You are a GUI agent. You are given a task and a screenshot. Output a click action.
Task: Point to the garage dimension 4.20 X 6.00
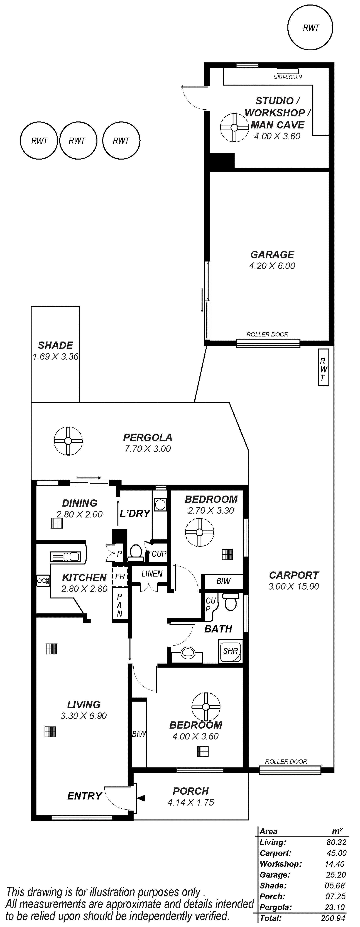click(x=272, y=266)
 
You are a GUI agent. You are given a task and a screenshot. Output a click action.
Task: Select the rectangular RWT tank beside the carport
click(x=324, y=367)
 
